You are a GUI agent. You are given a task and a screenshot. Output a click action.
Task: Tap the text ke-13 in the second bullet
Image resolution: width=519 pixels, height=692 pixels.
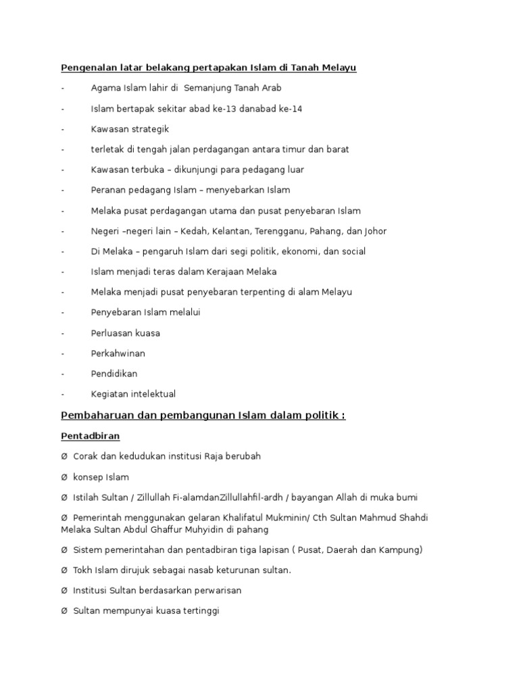point(223,108)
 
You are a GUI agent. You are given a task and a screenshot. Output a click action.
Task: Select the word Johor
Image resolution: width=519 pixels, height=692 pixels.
point(375,231)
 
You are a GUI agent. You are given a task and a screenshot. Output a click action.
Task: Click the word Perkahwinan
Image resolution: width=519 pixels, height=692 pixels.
point(118,353)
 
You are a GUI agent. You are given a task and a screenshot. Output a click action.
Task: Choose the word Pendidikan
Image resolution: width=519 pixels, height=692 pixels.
point(114,374)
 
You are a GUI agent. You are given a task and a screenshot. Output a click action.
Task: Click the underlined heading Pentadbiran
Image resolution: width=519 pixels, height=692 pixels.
point(91,437)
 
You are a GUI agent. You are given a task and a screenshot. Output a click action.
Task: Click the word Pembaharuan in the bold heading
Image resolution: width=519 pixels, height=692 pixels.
point(93,416)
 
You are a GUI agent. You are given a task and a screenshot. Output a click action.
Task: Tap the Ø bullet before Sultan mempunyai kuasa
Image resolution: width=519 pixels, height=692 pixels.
point(64,612)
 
